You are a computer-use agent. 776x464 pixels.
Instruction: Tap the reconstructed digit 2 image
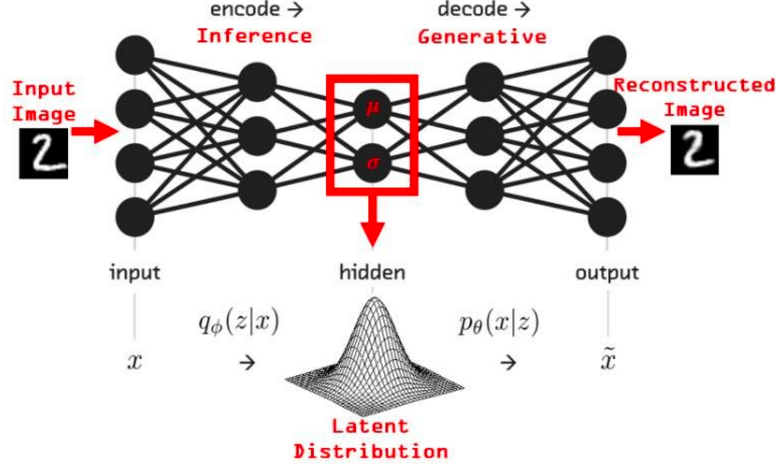pyautogui.click(x=694, y=149)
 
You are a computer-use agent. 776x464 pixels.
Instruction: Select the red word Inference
pyautogui.click(x=253, y=36)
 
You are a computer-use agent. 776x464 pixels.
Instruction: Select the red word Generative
pyautogui.click(x=482, y=37)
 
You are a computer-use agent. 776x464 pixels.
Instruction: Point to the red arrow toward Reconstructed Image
pyautogui.click(x=640, y=132)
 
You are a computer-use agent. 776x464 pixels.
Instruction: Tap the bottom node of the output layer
pyautogui.click(x=607, y=215)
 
